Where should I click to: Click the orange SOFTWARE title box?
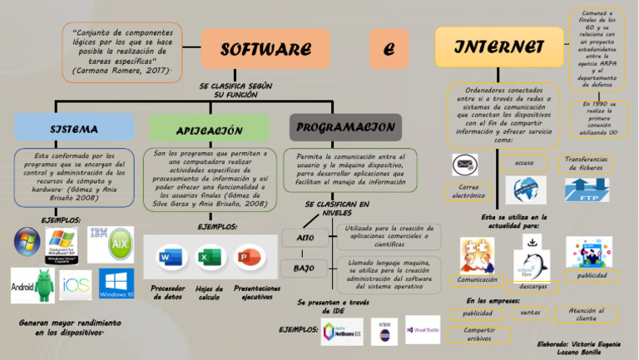(265, 49)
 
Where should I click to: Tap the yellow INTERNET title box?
(499, 47)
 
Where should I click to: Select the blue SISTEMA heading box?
(73, 129)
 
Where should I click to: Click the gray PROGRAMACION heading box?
(345, 127)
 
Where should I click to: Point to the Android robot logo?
(32, 285)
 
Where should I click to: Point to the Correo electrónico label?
(468, 192)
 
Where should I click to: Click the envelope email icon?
(464, 164)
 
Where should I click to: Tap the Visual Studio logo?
(423, 329)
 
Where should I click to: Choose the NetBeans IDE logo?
(342, 330)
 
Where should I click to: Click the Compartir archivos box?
(478, 334)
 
